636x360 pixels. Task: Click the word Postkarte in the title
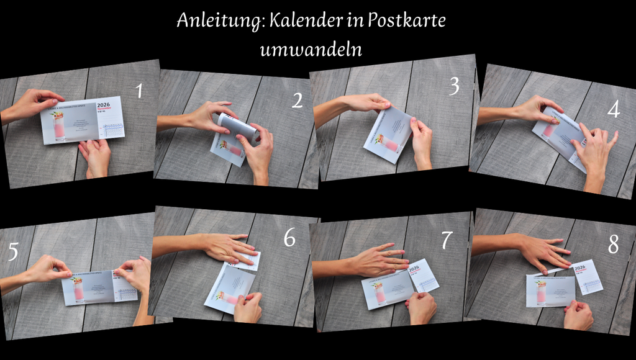[406, 20]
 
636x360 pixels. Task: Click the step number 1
[139, 92]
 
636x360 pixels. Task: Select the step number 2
[298, 101]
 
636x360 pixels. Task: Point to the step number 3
[454, 87]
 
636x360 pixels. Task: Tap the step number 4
[614, 110]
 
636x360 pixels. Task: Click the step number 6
[289, 238]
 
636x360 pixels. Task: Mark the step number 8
[613, 246]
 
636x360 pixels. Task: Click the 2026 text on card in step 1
[103, 105]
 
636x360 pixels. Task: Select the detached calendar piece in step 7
[423, 275]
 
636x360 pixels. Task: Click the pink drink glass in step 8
[540, 292]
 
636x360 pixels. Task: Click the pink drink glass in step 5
[78, 290]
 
